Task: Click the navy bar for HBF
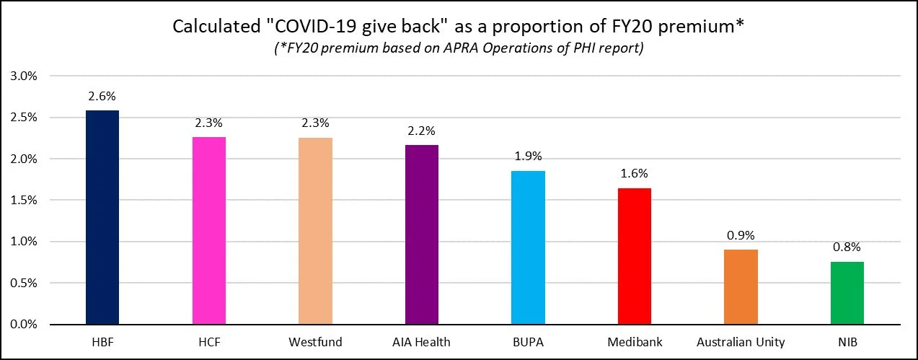(x=102, y=217)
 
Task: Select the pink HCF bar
(x=209, y=230)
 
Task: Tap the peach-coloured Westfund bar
(x=316, y=231)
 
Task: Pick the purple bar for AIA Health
(x=422, y=234)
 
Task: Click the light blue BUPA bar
(x=528, y=247)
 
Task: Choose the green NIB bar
(x=847, y=293)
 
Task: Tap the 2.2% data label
(x=422, y=131)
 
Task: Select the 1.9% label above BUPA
(x=528, y=157)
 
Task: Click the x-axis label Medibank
(x=635, y=341)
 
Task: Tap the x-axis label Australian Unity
(x=741, y=341)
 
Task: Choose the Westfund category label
(x=316, y=341)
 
